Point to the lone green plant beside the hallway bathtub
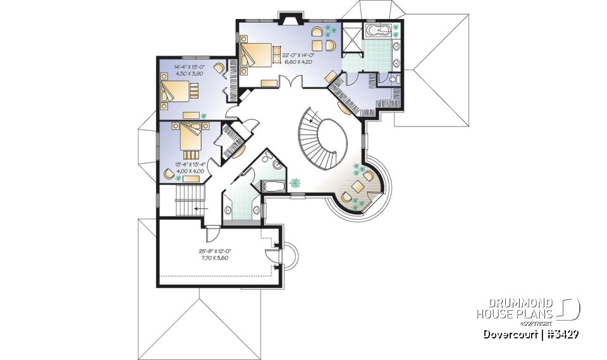[x=295, y=183]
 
